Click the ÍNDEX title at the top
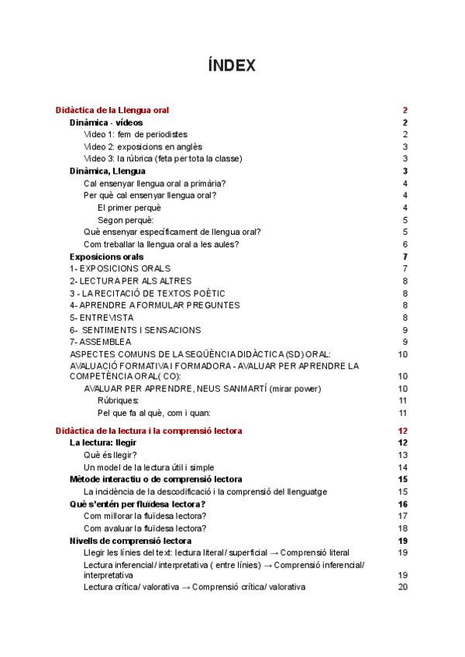point(232,66)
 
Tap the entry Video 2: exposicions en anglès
point(143,146)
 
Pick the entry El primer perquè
point(129,208)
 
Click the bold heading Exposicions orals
point(106,256)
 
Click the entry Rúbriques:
point(119,401)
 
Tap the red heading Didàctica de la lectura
point(149,431)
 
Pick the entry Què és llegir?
point(113,455)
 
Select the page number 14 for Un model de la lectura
point(403,467)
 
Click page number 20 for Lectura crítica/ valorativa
point(403,587)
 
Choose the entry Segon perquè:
point(126,219)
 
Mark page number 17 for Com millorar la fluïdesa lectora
point(403,515)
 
